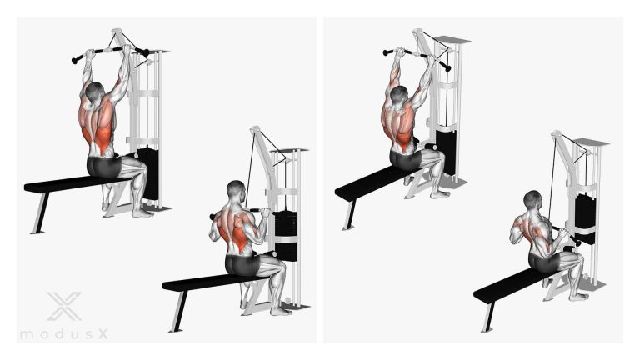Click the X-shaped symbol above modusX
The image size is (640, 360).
point(64,306)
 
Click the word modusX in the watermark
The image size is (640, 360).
point(64,334)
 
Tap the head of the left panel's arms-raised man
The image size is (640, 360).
point(96,92)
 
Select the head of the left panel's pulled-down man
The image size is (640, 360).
point(236,190)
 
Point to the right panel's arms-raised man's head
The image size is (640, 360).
point(399,96)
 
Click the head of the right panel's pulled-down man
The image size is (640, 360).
point(532,200)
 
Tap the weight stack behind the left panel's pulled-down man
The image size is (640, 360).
point(285,236)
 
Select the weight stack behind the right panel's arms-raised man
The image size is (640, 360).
point(445,152)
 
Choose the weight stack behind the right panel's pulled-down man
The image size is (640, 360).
point(585,219)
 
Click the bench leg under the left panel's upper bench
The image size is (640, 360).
point(40,212)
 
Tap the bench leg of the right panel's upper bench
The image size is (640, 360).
point(349,215)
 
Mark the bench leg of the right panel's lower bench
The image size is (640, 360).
point(488,317)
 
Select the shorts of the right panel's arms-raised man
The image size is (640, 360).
point(405,160)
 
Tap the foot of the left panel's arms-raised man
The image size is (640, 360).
point(142,213)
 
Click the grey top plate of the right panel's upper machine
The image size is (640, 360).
point(452,40)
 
